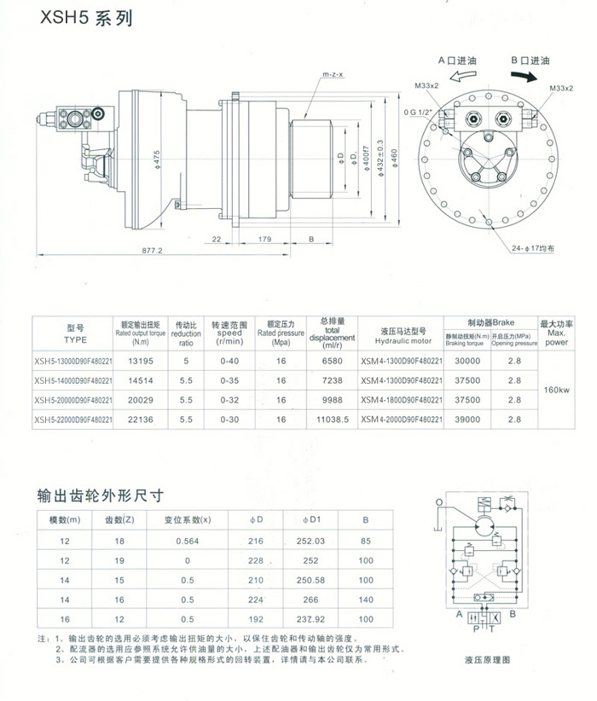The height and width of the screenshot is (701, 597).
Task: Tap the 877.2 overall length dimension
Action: [x=154, y=251]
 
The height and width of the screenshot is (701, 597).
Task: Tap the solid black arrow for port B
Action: [x=530, y=77]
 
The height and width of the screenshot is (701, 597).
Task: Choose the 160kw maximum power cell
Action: [x=556, y=390]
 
